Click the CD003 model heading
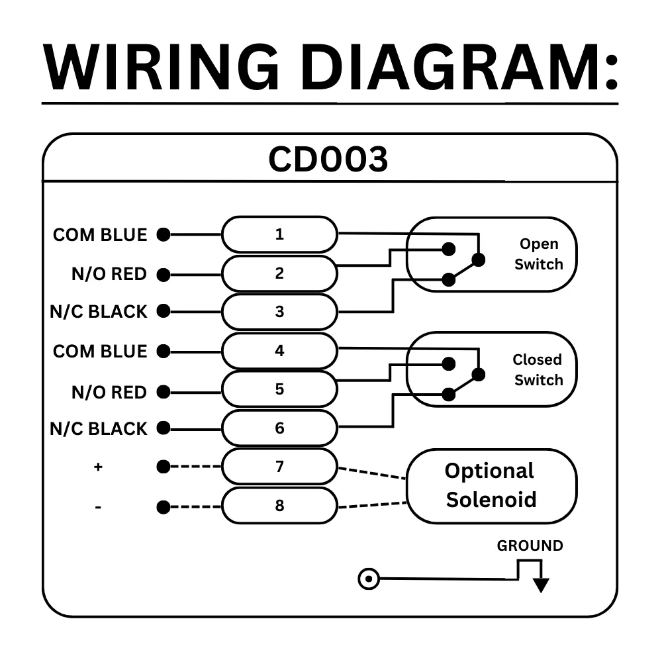pyautogui.click(x=328, y=160)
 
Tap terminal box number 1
pyautogui.click(x=279, y=234)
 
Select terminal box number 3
pyautogui.click(x=279, y=312)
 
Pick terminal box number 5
pyautogui.click(x=279, y=389)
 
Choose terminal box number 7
pyautogui.click(x=279, y=467)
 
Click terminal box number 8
pyautogui.click(x=279, y=506)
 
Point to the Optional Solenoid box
pyautogui.click(x=491, y=485)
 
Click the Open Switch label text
pyautogui.click(x=538, y=254)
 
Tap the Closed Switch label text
pyautogui.click(x=538, y=370)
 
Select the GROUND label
pyautogui.click(x=530, y=546)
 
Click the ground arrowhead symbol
pyautogui.click(x=542, y=585)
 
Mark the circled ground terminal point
pyautogui.click(x=368, y=579)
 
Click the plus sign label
pyautogui.click(x=98, y=467)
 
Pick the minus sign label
pyautogui.click(x=98, y=508)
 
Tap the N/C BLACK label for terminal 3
pyautogui.click(x=98, y=312)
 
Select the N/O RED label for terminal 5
pyautogui.click(x=109, y=393)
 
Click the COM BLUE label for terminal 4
pyautogui.click(x=100, y=351)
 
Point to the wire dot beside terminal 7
pyautogui.click(x=163, y=467)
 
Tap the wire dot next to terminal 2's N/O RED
pyautogui.click(x=164, y=274)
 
